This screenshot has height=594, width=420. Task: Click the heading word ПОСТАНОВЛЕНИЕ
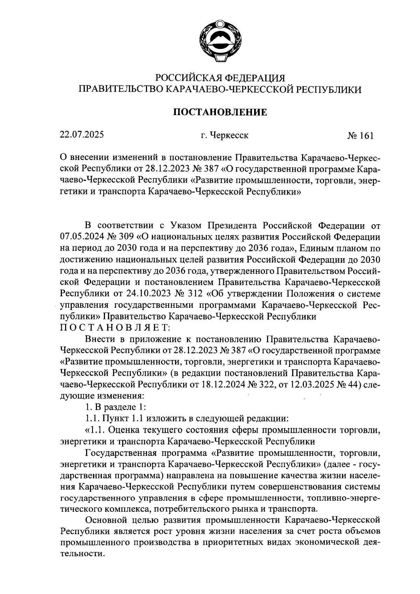tap(220, 112)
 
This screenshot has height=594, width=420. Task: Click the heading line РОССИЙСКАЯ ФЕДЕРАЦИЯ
tap(220, 77)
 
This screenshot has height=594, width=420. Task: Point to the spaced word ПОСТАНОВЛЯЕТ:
tap(115, 327)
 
